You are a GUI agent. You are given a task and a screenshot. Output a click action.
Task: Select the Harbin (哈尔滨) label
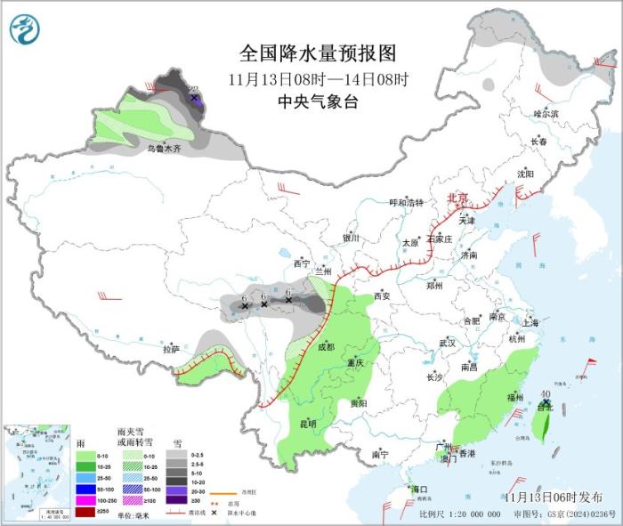pos(545,114)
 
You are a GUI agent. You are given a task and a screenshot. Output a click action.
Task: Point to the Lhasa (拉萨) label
pos(171,349)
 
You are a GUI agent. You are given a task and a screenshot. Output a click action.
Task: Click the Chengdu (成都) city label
pos(325,347)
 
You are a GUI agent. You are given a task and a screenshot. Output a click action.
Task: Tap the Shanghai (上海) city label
pos(531,322)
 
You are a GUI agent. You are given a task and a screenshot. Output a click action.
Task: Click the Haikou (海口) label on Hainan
pos(418,490)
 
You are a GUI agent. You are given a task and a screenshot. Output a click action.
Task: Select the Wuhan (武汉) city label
pos(447,343)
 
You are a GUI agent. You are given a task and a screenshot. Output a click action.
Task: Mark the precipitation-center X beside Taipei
pos(545,405)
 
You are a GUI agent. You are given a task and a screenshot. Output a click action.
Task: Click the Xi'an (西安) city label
pos(383,295)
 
